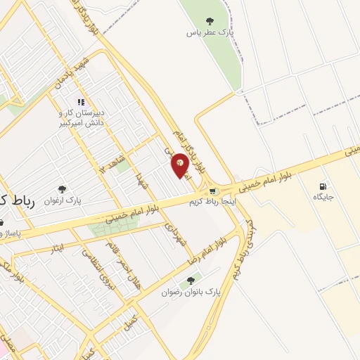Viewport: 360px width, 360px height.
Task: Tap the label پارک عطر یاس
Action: click(210, 32)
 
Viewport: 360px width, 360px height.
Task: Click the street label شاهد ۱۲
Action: click(112, 160)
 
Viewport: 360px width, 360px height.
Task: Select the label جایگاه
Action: click(323, 197)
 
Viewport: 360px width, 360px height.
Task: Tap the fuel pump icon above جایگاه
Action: click(323, 186)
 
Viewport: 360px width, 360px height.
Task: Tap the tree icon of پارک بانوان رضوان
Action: click(191, 279)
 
